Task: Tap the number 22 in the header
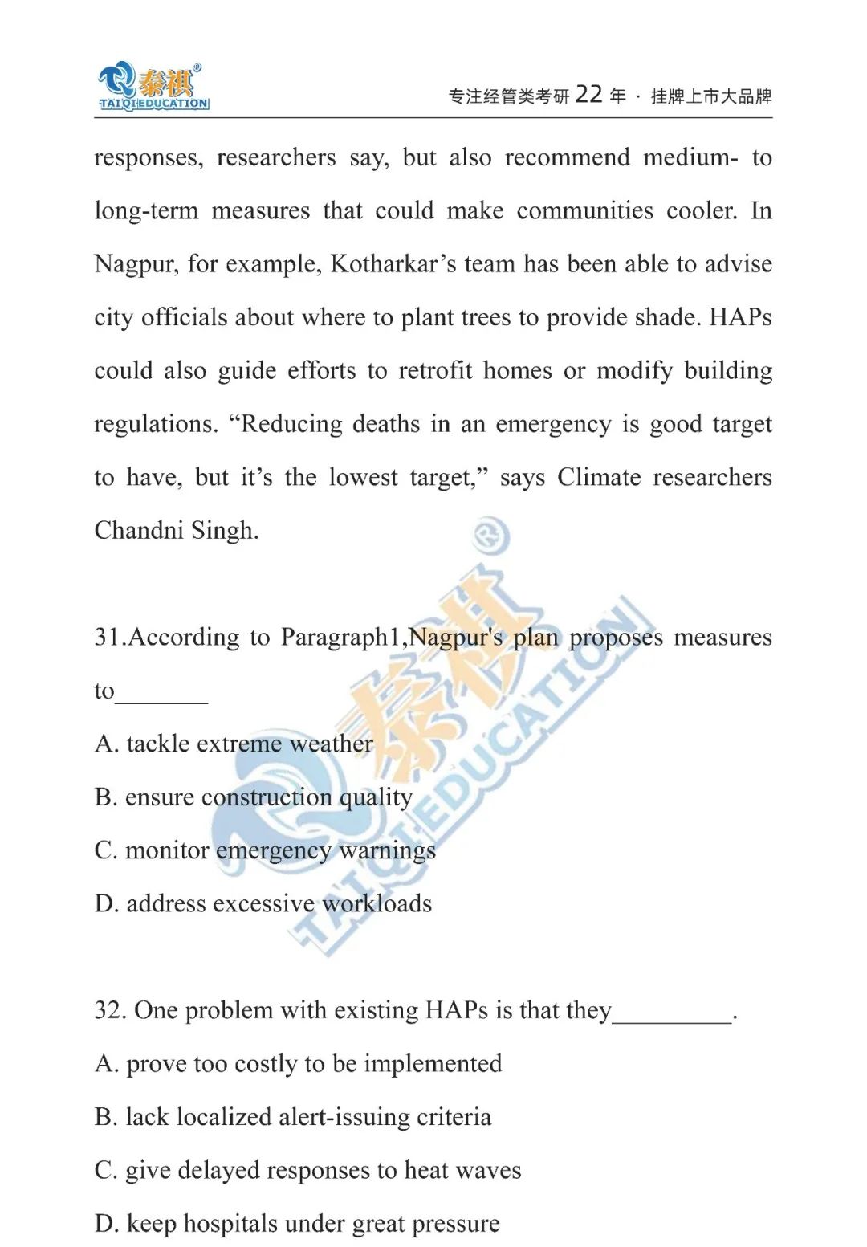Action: tap(588, 95)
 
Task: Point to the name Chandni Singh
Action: tap(177, 531)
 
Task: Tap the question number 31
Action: tap(108, 638)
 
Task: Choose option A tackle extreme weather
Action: tap(234, 744)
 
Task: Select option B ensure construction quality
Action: tap(253, 797)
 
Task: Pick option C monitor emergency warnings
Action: tap(265, 850)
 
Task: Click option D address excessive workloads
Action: tap(263, 904)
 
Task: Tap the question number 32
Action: tap(109, 1010)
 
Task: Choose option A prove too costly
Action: tap(298, 1064)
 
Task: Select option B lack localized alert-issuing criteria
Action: tap(293, 1117)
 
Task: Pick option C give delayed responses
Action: tap(307, 1171)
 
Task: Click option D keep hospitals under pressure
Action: tap(297, 1224)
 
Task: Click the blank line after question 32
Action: tap(673, 1018)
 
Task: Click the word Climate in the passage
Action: tap(599, 478)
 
